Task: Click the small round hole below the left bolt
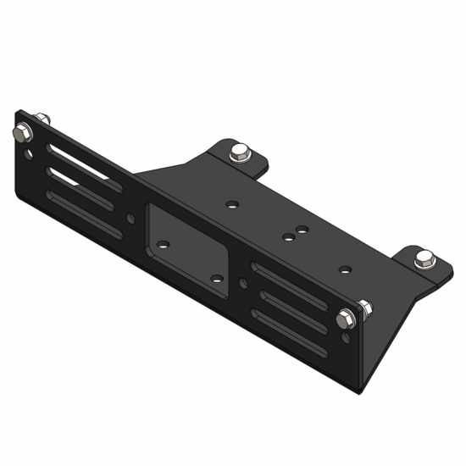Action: [31, 155]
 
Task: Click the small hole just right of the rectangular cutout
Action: [243, 282]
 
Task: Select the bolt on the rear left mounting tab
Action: [239, 154]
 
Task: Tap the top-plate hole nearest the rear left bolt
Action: [230, 203]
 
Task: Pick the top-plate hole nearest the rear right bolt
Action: [345, 269]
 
